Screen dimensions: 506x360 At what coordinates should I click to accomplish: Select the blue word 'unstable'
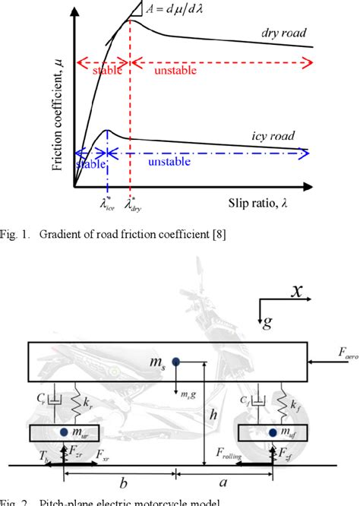(x=174, y=163)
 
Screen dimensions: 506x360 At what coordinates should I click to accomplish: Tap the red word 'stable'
(x=106, y=70)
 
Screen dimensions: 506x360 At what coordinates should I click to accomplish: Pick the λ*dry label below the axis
(x=132, y=204)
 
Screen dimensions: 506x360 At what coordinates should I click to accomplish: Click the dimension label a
(x=225, y=485)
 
